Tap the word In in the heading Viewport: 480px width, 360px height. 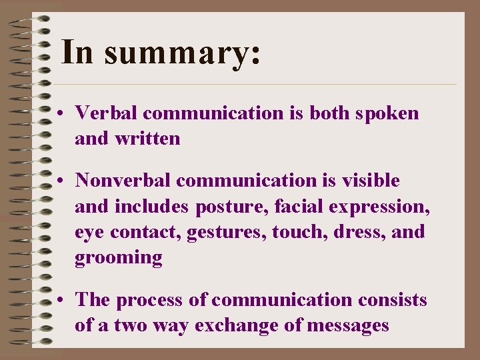pyautogui.click(x=77, y=52)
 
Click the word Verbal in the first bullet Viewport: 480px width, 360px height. pyautogui.click(x=107, y=113)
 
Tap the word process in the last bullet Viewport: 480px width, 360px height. pyautogui.click(x=150, y=301)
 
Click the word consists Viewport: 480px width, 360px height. pyautogui.click(x=392, y=299)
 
